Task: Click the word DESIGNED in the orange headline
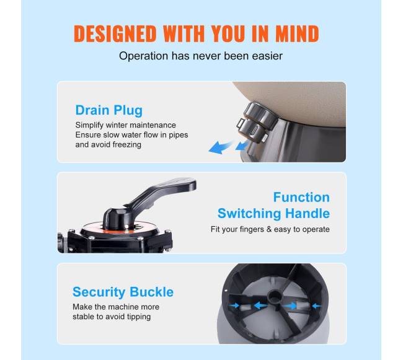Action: coord(115,33)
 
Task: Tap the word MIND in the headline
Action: coord(297,33)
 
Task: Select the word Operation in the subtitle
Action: coord(143,56)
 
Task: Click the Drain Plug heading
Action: coord(108,110)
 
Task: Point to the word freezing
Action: coord(126,145)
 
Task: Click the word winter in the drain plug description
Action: coord(117,125)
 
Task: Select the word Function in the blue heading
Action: coord(301,197)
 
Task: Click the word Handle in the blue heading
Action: coord(308,213)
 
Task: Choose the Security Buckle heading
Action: coord(123,292)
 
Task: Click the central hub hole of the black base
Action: coord(275,297)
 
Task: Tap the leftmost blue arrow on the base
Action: coord(234,305)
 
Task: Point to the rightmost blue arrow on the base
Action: coord(316,306)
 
